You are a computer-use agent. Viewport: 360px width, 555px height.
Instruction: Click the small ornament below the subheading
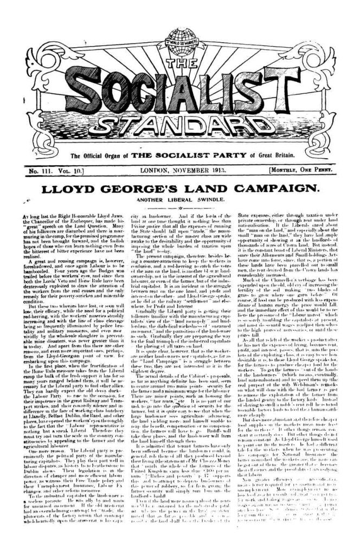tap(179, 206)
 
